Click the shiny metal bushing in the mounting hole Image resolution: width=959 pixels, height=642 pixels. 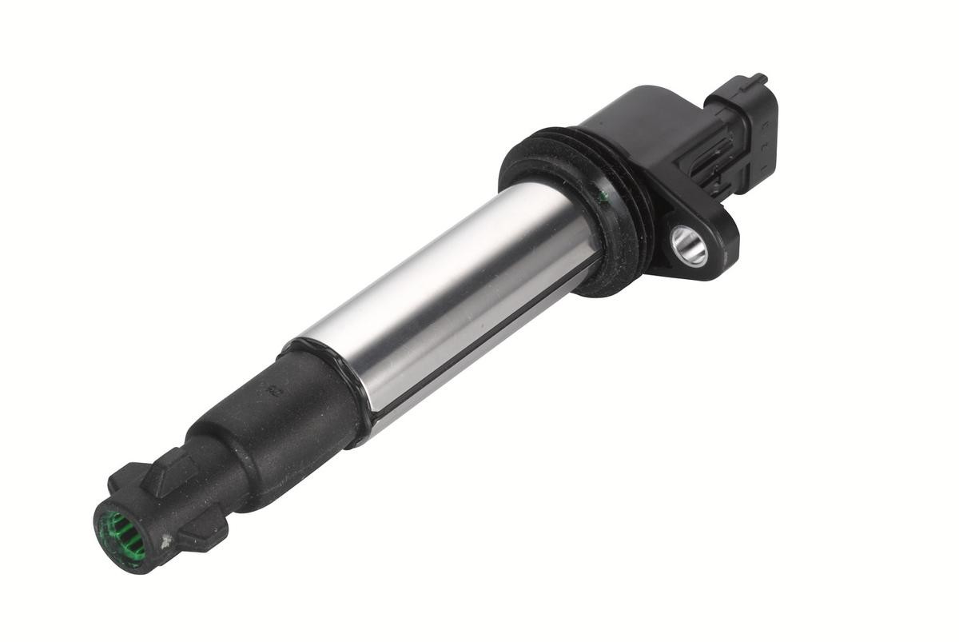click(x=690, y=246)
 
